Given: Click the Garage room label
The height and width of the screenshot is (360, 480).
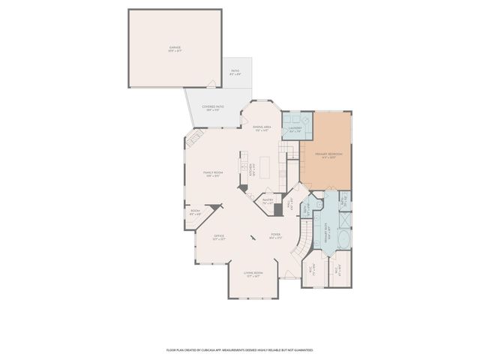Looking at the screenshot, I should coord(175,49).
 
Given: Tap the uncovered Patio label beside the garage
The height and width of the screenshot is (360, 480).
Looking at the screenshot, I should coord(235,73).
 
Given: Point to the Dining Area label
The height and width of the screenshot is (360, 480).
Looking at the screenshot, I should coord(260,128).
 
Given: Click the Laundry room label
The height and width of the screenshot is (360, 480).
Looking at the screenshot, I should coord(294,129).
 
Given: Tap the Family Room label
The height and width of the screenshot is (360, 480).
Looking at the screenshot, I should coord(211,174).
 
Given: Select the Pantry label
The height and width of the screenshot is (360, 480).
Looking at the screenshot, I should coord(267,200).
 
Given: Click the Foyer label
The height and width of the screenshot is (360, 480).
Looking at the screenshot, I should coord(276,235).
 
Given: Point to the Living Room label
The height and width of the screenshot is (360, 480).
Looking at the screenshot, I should coord(253,274).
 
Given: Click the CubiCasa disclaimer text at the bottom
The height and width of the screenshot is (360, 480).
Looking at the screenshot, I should coord(239,349).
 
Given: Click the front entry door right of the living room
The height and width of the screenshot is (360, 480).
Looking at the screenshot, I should coord(289,279).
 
